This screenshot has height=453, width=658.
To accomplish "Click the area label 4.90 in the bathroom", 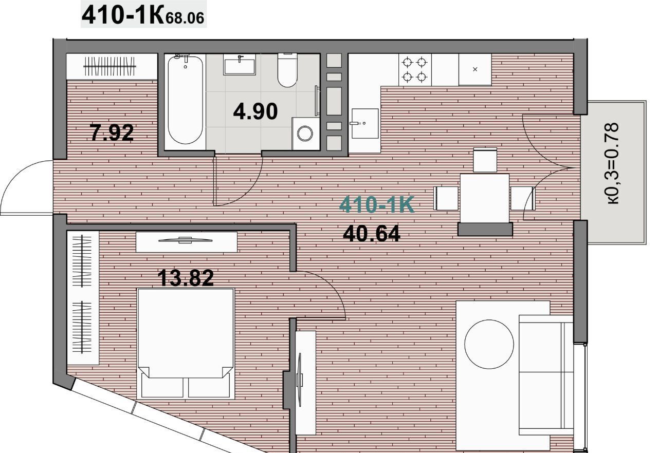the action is pos(255,111).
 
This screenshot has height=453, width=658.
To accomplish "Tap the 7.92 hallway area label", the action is pos(112,133).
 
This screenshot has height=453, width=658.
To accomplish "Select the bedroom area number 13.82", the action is pos(186,278).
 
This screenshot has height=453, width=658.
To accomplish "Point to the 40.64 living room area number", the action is pos(371,234).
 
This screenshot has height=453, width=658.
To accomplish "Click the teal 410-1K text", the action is pos(377,204).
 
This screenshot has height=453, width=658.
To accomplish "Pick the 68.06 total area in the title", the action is pos(185,18).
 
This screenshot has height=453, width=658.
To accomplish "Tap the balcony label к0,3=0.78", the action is pos(612,163).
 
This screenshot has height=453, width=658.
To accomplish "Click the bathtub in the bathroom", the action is pos(185,100).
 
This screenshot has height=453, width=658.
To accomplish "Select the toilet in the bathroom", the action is pos(287,70).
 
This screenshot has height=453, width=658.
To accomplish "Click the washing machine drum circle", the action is pos(305,134).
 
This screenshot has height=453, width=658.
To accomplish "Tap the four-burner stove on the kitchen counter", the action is pos(414,69).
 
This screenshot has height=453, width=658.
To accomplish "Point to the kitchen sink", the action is pos(365,123).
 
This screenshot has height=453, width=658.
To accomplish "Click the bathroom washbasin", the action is pos(240,64).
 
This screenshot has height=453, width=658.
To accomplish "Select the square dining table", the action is pos(485,198).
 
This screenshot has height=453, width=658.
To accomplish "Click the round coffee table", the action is pos(489,344).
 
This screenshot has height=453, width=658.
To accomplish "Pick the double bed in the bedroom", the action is pos(186,344).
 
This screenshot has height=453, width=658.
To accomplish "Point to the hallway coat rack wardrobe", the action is pos(112,66).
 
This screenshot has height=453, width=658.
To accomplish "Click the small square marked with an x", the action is pos(475,69).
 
